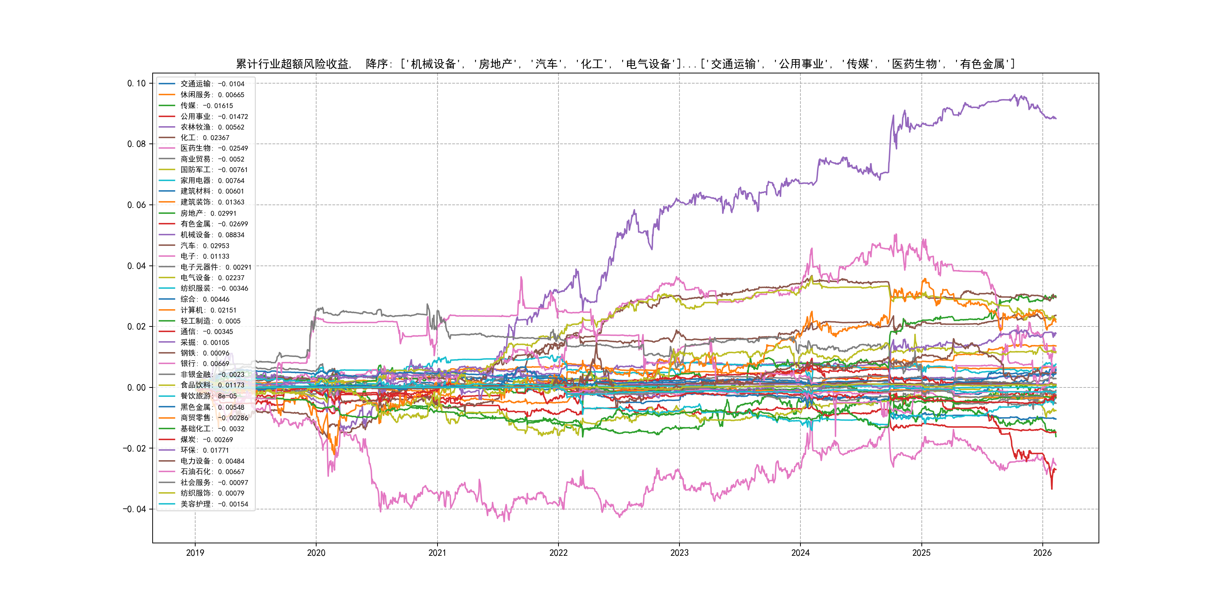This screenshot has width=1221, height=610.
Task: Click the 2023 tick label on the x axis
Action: pos(679,553)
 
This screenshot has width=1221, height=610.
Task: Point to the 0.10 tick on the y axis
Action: pos(136,83)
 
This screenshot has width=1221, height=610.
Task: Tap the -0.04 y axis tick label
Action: pos(135,509)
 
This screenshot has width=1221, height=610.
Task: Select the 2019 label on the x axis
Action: pos(195,553)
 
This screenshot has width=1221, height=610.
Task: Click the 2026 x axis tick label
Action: pos(1042,553)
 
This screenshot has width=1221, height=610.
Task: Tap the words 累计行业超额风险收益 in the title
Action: pos(292,64)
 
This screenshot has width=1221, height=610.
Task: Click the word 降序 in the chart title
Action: pos(377,64)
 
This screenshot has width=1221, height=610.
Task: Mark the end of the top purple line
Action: pos(1056,118)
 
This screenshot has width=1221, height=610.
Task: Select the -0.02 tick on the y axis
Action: pos(135,448)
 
